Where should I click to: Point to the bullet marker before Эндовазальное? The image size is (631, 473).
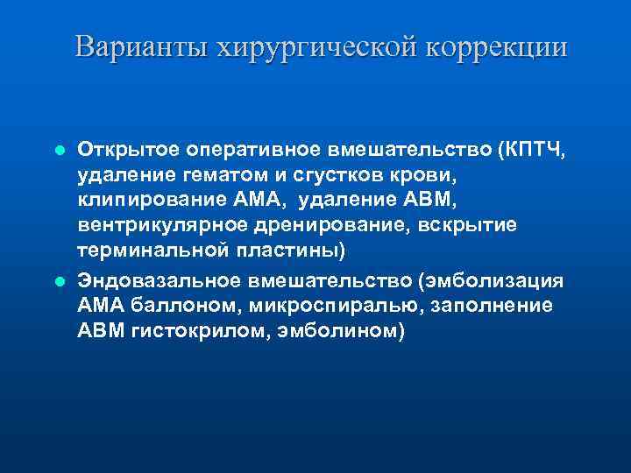(x=59, y=282)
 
